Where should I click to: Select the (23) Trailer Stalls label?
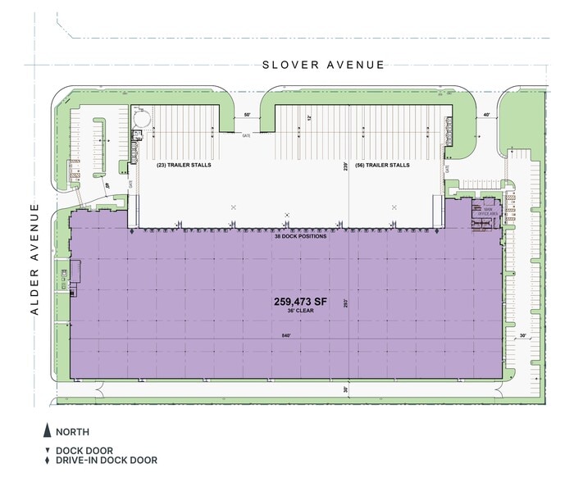click(184, 165)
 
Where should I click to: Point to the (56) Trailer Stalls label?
click(382, 165)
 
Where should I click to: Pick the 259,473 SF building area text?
click(300, 302)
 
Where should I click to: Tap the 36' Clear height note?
click(300, 312)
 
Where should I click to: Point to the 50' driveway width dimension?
click(248, 116)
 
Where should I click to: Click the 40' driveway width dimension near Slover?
click(486, 116)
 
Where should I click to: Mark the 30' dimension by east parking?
click(522, 335)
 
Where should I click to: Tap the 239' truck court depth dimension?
click(347, 166)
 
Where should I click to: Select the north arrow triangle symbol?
click(48, 431)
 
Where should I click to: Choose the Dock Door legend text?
click(84, 450)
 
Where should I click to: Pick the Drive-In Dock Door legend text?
click(107, 461)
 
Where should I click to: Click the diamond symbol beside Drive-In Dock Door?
click(48, 461)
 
